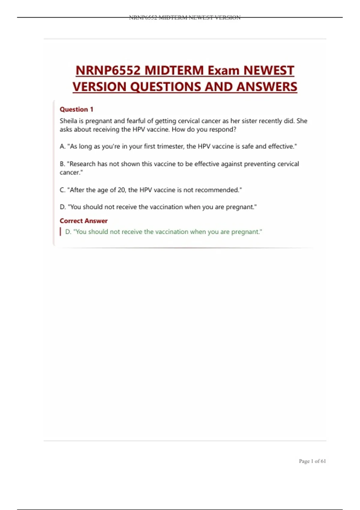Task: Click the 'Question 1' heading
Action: (76, 109)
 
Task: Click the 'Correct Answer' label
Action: (83, 221)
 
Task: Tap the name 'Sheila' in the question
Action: (68, 121)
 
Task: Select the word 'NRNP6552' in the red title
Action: (108, 71)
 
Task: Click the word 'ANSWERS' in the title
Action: (266, 87)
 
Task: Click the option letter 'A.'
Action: (62, 146)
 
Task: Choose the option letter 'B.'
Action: (62, 164)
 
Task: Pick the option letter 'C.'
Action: (62, 190)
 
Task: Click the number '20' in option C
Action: (121, 190)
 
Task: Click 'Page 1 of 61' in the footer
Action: (312, 461)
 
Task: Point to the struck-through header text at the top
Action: (184, 17)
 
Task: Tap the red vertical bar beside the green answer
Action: (61, 232)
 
